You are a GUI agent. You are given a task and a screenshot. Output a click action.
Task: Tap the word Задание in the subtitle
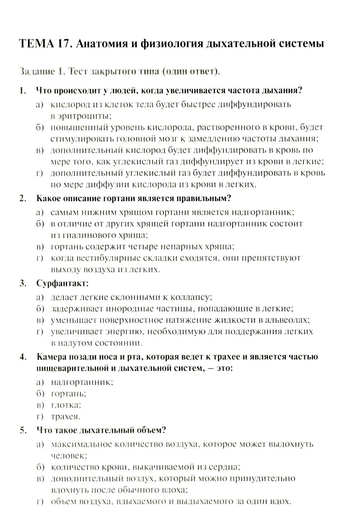34,71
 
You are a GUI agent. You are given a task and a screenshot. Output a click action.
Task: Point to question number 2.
23,198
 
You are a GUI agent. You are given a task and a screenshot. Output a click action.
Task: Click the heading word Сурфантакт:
62,283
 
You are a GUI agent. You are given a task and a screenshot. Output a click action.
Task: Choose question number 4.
23,357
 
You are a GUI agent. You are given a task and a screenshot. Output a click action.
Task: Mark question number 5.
23,430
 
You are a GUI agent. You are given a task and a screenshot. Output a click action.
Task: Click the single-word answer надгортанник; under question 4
82,382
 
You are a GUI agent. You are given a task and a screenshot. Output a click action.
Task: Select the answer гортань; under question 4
68,393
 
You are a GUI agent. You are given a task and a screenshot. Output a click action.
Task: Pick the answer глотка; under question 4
66,405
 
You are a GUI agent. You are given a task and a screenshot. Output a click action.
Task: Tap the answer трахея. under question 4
66,417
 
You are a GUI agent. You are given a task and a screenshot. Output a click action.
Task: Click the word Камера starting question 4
52,357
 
